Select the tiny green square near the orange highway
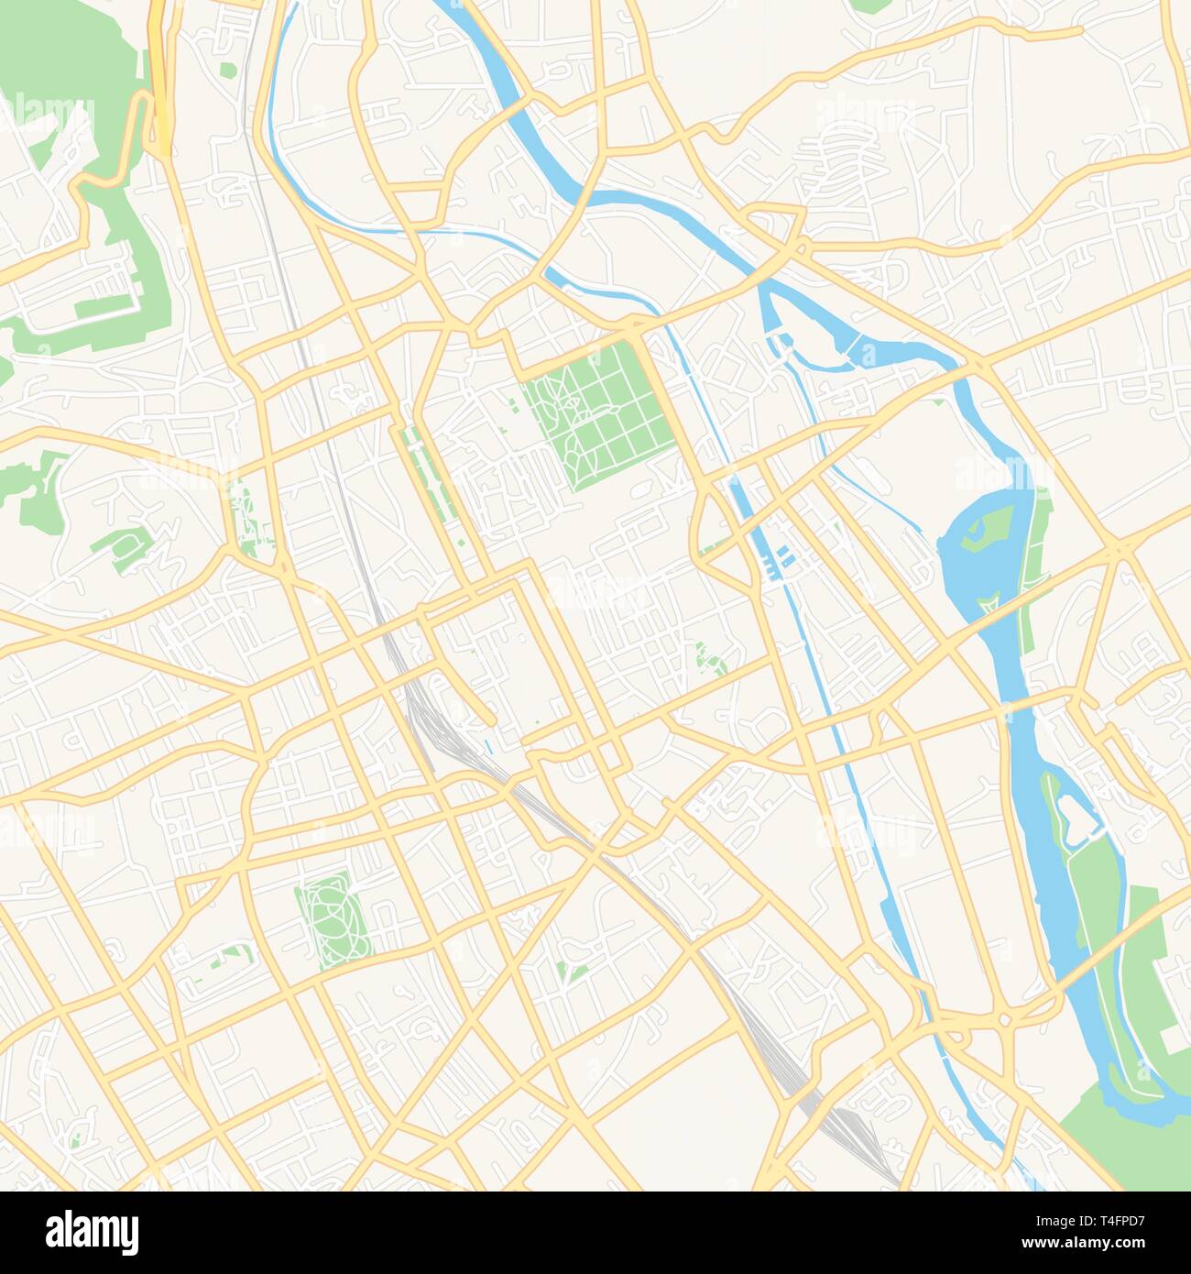click(226, 69)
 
